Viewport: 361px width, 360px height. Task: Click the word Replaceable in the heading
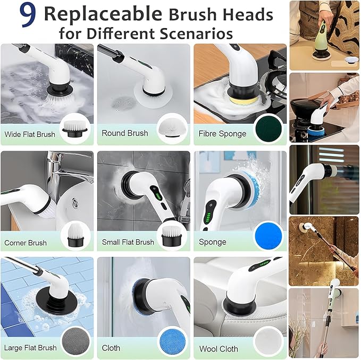click(101, 14)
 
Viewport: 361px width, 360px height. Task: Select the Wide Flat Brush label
click(30, 134)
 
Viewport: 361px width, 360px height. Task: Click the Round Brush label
click(124, 133)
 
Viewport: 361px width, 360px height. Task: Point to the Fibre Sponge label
click(222, 134)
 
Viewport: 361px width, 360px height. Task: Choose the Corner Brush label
click(26, 243)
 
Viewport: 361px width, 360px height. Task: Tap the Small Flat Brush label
click(128, 242)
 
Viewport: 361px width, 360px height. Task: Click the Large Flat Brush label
click(30, 348)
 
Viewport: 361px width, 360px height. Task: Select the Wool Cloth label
click(219, 349)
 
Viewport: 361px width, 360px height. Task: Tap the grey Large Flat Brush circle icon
click(75, 341)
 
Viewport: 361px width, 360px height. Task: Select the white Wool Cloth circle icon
click(268, 341)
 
